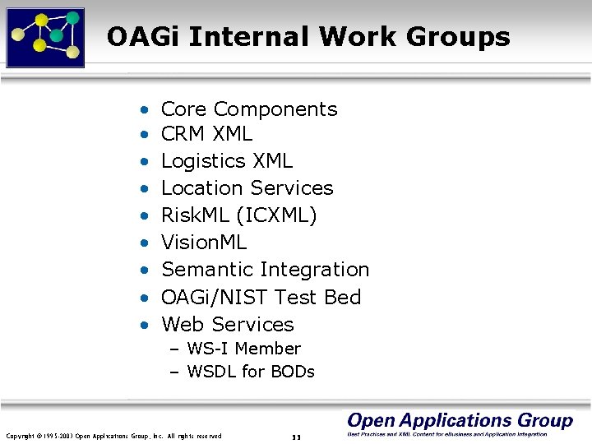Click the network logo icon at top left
point(45,36)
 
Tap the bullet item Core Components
point(249,109)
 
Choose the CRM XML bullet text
point(206,133)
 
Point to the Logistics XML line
point(226,161)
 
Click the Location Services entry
point(247,188)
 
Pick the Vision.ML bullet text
point(204,243)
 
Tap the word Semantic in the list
point(208,270)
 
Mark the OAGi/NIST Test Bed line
point(261,297)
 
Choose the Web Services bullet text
point(227,324)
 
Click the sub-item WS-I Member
point(243,349)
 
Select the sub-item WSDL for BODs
point(251,372)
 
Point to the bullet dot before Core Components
point(144,109)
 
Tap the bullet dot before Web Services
point(144,325)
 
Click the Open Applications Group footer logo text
point(460,421)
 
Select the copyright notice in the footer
point(113,435)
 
